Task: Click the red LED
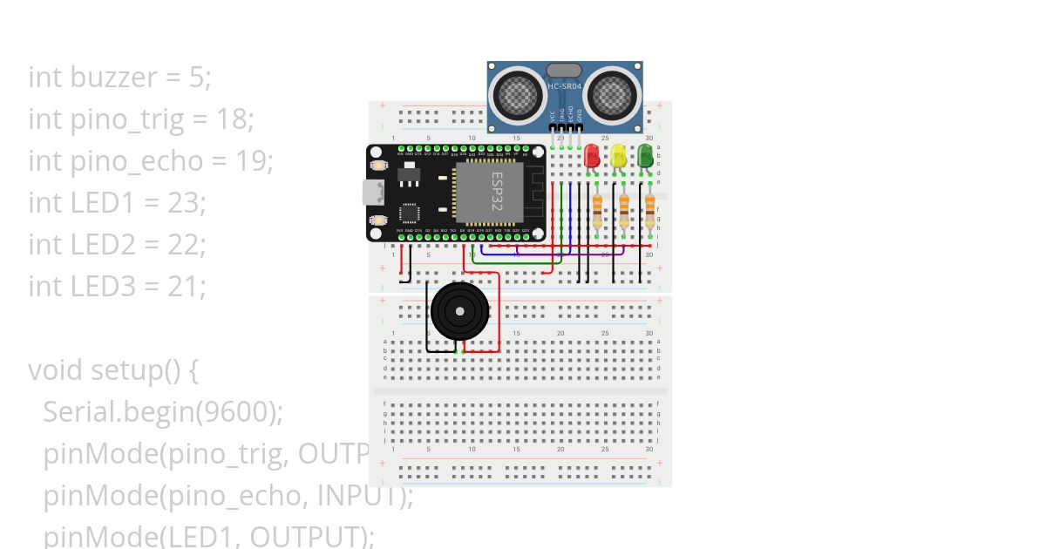point(592,156)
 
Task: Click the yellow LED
point(619,156)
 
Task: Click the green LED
point(646,156)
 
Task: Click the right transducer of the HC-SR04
point(612,91)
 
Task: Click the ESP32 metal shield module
point(489,192)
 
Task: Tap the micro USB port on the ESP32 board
point(370,193)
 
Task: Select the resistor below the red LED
point(597,210)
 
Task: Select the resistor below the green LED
point(650,210)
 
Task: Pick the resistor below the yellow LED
point(624,210)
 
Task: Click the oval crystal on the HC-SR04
point(564,71)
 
